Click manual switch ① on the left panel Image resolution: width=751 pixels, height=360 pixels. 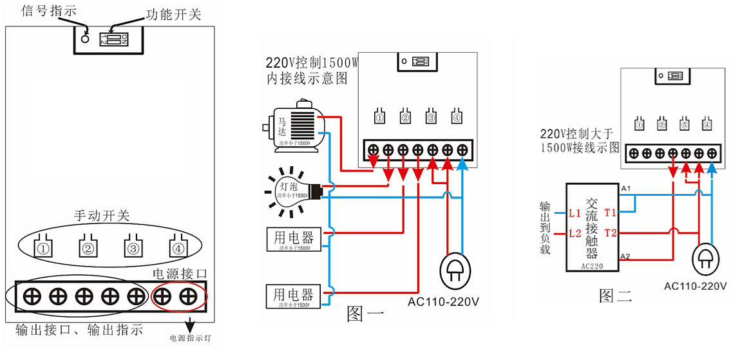(43, 246)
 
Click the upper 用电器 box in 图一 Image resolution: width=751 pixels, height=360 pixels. (293, 238)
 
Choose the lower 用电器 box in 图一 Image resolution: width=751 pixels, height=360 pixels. (293, 296)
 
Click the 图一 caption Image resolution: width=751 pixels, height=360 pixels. (366, 314)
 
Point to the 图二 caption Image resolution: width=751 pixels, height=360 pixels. (616, 296)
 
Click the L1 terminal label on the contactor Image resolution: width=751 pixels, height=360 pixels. (575, 212)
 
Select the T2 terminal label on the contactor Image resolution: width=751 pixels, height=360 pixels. (611, 232)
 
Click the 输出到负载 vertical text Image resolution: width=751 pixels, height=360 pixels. (546, 228)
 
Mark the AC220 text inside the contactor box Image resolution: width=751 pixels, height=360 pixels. (592, 265)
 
